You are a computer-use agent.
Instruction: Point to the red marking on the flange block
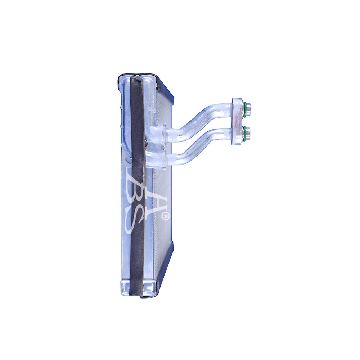(236, 121)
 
